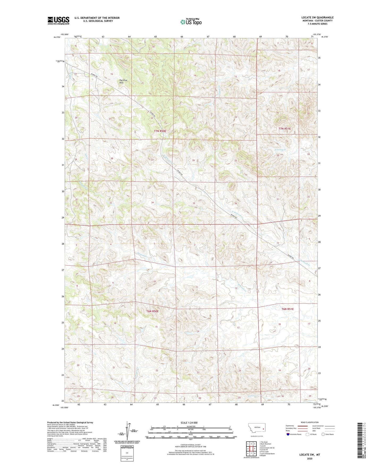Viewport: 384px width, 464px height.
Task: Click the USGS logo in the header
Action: point(58,20)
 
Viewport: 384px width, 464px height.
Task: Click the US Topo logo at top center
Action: point(191,22)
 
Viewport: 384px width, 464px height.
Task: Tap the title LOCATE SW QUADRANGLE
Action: point(315,18)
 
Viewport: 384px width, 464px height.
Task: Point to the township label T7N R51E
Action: point(285,129)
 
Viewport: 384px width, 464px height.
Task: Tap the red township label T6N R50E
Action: point(153,311)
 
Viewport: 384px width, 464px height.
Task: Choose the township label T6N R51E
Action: point(288,309)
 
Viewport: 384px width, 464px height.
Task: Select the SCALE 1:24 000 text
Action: point(189,423)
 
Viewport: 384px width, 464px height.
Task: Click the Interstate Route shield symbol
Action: point(288,435)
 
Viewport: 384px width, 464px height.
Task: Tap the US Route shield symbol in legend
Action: point(308,434)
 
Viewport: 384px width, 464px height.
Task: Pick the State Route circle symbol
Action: point(323,434)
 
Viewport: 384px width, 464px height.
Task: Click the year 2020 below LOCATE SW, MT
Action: point(309,458)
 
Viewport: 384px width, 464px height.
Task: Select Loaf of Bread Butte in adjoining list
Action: point(268,454)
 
